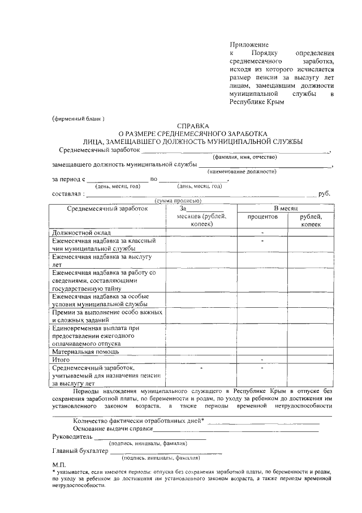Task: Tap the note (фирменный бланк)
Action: tap(79, 118)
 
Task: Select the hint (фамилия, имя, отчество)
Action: tap(244, 157)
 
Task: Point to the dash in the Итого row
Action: tap(262, 359)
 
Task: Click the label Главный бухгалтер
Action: tap(80, 452)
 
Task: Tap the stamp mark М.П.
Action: tap(59, 464)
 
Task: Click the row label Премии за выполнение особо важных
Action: tap(107, 312)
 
